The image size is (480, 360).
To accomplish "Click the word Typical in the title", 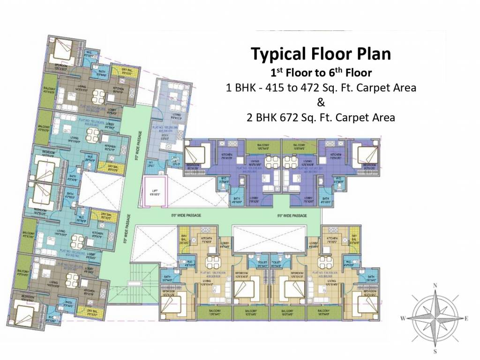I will click(277, 54).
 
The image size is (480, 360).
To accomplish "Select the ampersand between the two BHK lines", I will click(321, 102).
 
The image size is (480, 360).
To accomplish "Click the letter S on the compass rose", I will click(435, 352).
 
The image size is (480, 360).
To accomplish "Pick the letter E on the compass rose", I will click(467, 318).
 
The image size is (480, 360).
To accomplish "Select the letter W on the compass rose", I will click(403, 318).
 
